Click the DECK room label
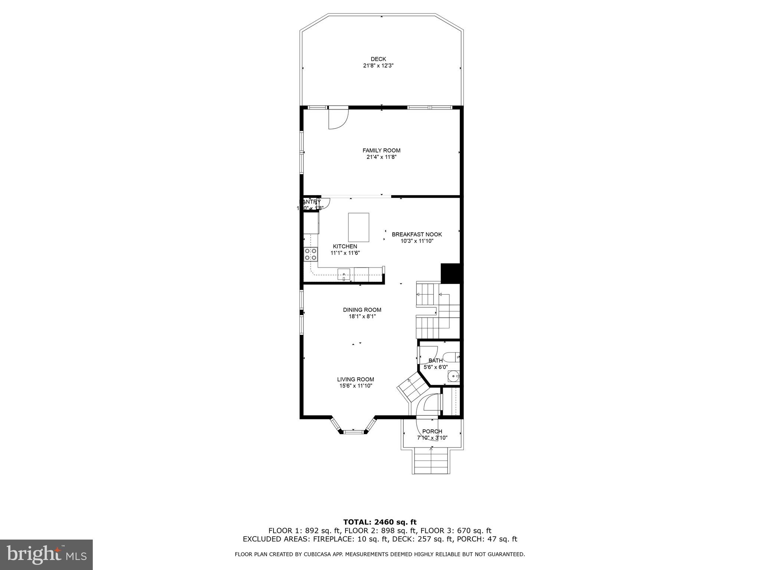pos(378,59)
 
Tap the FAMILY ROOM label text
pos(381,150)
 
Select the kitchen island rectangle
pos(358,227)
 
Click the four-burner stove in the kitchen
pos(311,254)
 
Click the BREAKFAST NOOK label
pos(417,235)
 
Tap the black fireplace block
pos(450,273)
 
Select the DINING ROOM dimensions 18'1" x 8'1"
pos(362,317)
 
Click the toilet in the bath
pos(452,357)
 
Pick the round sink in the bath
pos(453,376)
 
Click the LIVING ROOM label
pos(356,379)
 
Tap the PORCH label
pos(432,431)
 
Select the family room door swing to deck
pos(338,119)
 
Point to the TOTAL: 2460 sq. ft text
pos(380,522)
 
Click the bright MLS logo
pos(46,554)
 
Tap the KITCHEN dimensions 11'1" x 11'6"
pos(345,253)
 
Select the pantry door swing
pos(325,205)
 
